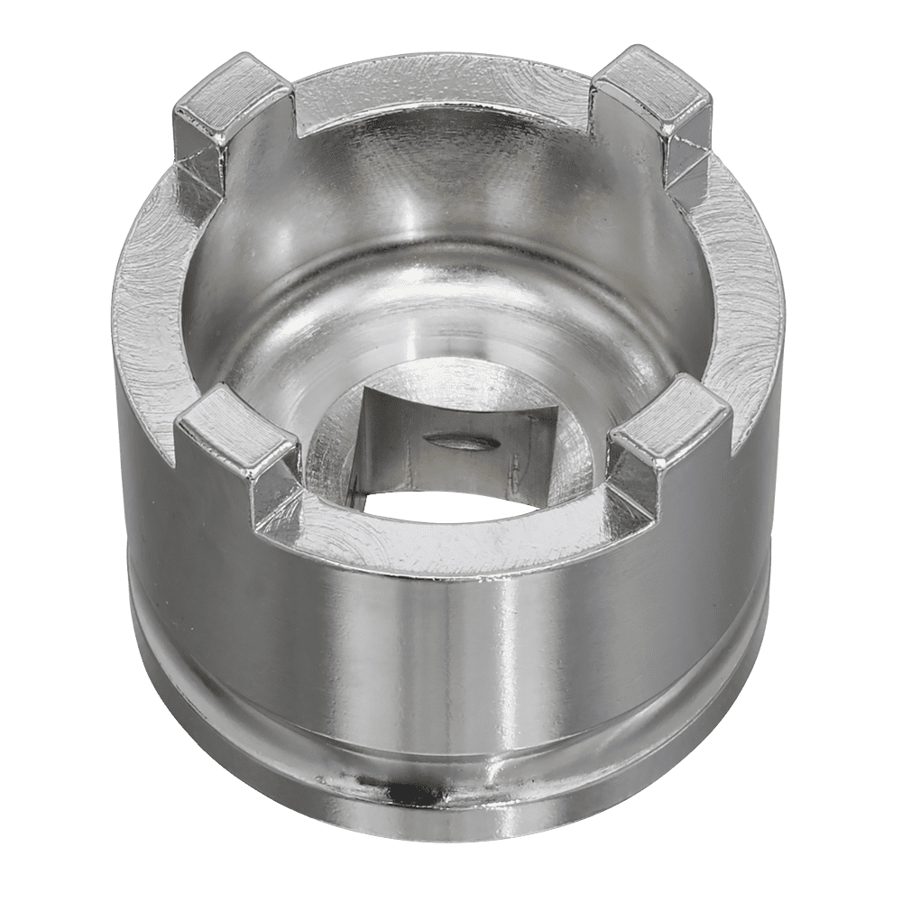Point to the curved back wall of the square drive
451,424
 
